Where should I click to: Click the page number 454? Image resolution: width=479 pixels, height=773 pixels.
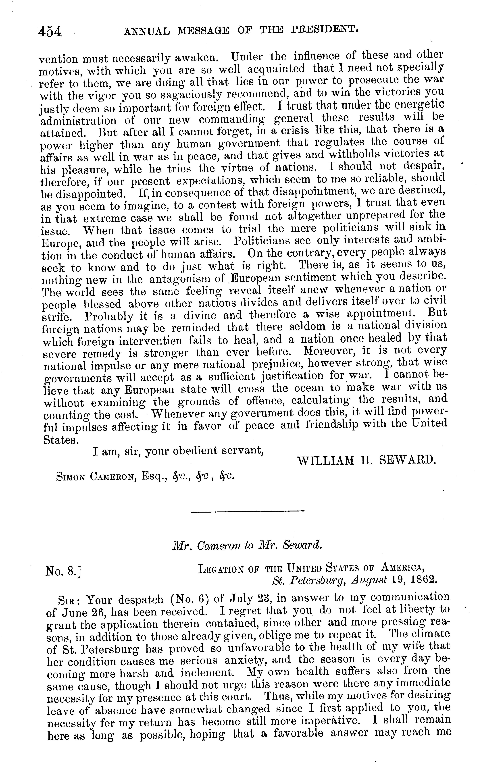50,32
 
